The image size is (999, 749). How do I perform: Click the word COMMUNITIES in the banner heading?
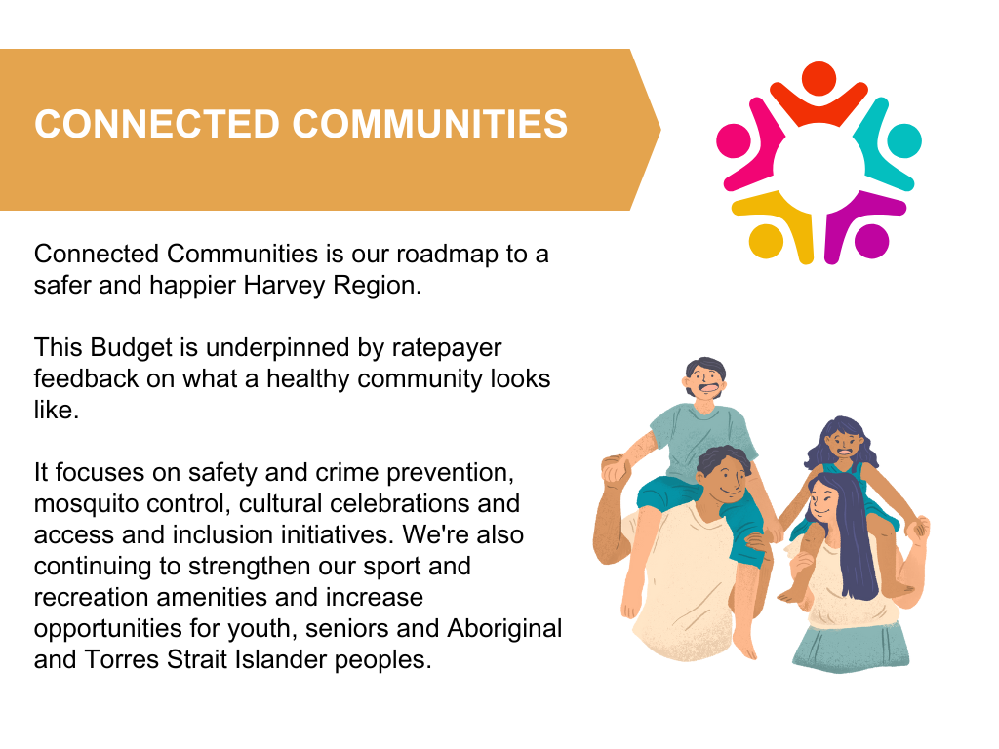point(429,124)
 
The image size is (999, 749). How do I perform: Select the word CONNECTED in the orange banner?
point(157,124)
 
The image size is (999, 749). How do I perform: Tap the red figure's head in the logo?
point(819,79)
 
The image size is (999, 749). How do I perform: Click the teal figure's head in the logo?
point(904,140)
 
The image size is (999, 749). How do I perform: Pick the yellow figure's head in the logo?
point(766,242)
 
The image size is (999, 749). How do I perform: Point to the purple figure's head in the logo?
point(871,242)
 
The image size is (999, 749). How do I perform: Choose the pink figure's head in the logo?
point(734,140)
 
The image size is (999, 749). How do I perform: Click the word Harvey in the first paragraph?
point(284,286)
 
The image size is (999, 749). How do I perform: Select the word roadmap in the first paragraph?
point(447,255)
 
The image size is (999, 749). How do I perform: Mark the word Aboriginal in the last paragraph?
point(504,629)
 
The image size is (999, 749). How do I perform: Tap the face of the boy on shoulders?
point(706,382)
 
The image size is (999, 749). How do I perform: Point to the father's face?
point(727,478)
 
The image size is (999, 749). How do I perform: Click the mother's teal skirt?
point(851,648)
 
